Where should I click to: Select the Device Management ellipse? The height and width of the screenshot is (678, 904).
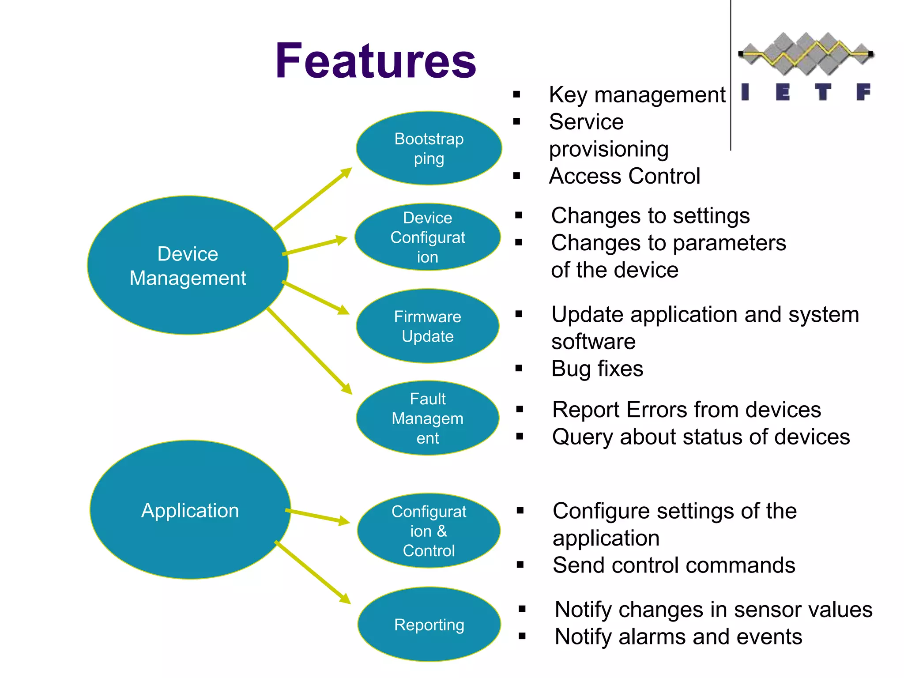click(x=188, y=265)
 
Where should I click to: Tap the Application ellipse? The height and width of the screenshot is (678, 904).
click(x=190, y=510)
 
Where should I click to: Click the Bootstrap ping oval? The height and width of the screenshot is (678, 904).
click(x=429, y=148)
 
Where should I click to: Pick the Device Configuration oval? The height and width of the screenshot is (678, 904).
click(x=427, y=237)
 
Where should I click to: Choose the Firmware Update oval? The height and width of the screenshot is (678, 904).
click(x=427, y=326)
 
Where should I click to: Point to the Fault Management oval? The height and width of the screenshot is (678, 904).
click(x=427, y=418)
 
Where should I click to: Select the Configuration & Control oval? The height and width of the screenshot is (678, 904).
click(x=429, y=531)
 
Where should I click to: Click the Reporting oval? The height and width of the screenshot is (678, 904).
click(x=429, y=624)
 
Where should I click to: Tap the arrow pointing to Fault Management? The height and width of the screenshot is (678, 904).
click(x=309, y=350)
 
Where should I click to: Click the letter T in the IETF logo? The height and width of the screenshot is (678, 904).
click(x=823, y=92)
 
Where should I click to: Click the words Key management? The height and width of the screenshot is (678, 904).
click(x=637, y=95)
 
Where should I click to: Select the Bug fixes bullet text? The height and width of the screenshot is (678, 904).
click(x=597, y=369)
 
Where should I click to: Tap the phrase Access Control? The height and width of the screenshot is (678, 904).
click(x=624, y=176)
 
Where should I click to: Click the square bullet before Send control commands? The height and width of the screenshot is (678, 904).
click(x=520, y=565)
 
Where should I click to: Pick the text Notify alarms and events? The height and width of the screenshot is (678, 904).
click(x=678, y=637)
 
